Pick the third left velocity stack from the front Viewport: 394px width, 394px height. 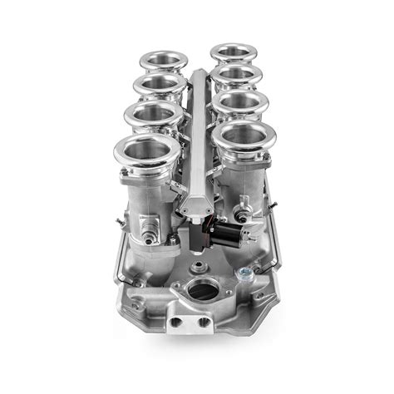158,85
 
